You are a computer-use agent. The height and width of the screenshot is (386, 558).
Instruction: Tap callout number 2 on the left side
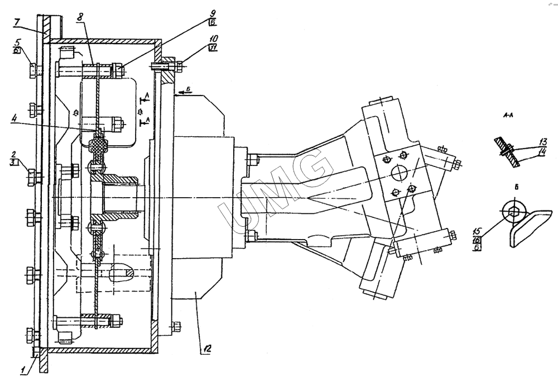[17, 154]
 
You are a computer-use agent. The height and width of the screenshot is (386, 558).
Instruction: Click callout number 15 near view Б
[477, 230]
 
